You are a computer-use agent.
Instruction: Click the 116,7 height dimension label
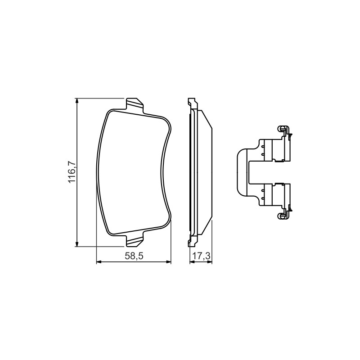click(72, 172)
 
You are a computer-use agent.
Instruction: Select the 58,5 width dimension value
click(134, 256)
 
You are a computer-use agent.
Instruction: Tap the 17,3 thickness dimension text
click(201, 256)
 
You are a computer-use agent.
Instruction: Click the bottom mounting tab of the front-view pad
click(135, 240)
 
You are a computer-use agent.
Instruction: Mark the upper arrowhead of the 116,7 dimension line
click(77, 102)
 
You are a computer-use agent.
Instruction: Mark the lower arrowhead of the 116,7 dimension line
click(77, 243)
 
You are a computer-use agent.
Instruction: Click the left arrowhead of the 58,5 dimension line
click(99, 262)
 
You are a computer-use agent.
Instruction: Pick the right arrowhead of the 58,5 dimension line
click(168, 262)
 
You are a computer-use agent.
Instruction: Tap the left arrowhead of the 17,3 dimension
click(192, 262)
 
